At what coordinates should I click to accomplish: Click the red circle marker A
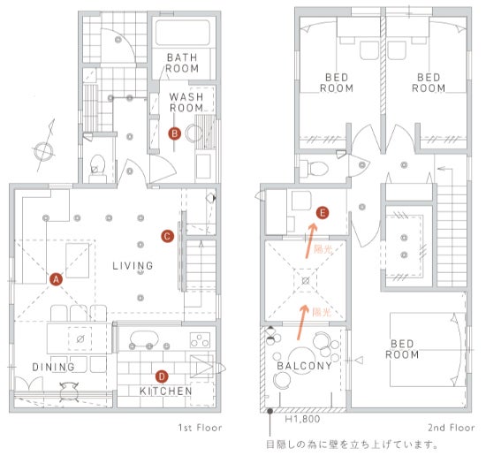pyautogui.click(x=56, y=279)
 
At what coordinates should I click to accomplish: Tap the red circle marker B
pyautogui.click(x=174, y=133)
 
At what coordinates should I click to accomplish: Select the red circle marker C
pyautogui.click(x=167, y=236)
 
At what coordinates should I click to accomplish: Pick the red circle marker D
pyautogui.click(x=162, y=376)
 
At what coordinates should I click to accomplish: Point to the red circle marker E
pyautogui.click(x=323, y=213)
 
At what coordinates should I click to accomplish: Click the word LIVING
pyautogui.click(x=133, y=265)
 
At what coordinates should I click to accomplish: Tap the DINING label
pyautogui.click(x=53, y=367)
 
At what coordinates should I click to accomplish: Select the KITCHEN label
pyautogui.click(x=166, y=391)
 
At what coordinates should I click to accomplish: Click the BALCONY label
pyautogui.click(x=304, y=366)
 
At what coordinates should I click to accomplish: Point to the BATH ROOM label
pyautogui.click(x=182, y=63)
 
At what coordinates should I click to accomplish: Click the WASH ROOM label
pyautogui.click(x=186, y=102)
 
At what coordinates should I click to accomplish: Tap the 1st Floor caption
pyautogui.click(x=200, y=428)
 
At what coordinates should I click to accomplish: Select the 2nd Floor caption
pyautogui.click(x=452, y=428)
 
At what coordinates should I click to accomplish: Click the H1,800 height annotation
pyautogui.click(x=302, y=419)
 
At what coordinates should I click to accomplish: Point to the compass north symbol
pyautogui.click(x=44, y=147)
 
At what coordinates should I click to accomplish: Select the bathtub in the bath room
pyautogui.click(x=183, y=33)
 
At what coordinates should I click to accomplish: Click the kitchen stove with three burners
pyautogui.click(x=201, y=340)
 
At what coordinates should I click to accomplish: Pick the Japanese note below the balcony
pyautogui.click(x=352, y=445)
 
